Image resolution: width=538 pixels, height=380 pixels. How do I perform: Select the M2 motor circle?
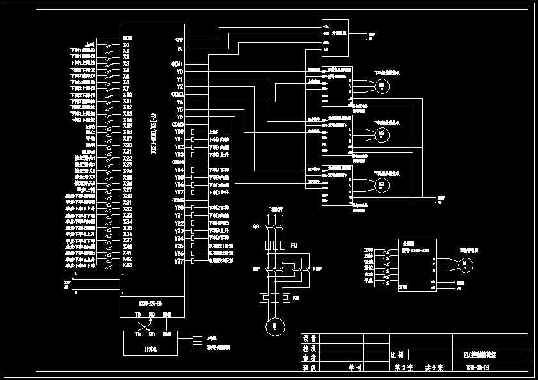pyautogui.click(x=382, y=133)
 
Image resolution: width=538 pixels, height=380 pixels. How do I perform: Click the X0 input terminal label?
pyautogui.click(x=127, y=45)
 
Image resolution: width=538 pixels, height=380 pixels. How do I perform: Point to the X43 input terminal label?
pyautogui.click(x=127, y=265)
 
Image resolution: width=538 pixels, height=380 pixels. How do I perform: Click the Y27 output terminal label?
pyautogui.click(x=179, y=261)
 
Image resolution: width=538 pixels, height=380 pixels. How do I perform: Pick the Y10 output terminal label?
pyautogui.click(x=179, y=131)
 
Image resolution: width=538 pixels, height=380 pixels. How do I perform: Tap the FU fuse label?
pyautogui.click(x=294, y=245)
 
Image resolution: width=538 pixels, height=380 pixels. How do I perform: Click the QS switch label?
pyautogui.click(x=256, y=226)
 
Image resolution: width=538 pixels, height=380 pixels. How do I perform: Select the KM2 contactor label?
pyautogui.click(x=317, y=269)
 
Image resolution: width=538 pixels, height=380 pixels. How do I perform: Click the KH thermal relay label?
pyautogui.click(x=296, y=298)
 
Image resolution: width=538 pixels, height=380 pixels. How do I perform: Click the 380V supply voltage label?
pyautogui.click(x=276, y=209)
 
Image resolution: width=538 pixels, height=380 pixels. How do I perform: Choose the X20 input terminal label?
pyautogui.click(x=127, y=145)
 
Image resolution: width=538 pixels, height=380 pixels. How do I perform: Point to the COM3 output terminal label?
pyautogui.click(x=178, y=123)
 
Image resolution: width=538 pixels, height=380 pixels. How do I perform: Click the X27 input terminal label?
pyautogui.click(x=127, y=189)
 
